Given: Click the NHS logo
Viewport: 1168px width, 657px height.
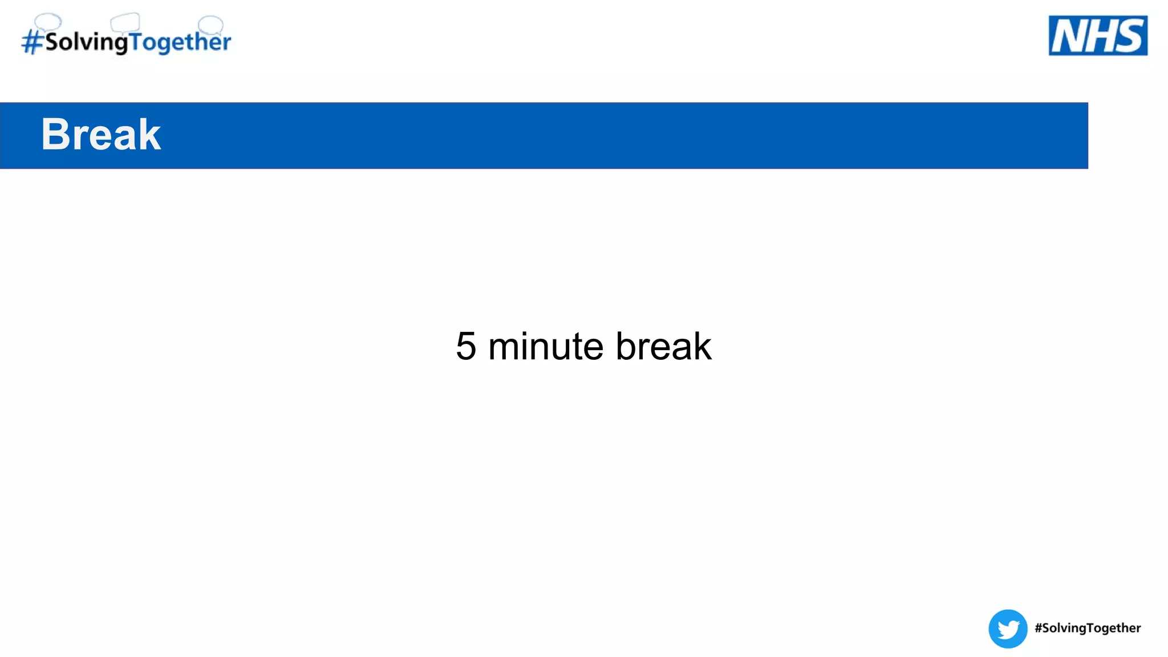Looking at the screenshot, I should pos(1098,35).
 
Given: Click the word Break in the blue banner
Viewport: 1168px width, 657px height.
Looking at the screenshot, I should pos(101,135).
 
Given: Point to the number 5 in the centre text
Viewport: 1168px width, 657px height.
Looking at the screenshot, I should pos(466,346).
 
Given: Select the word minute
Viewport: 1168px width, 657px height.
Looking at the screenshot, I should pos(546,346).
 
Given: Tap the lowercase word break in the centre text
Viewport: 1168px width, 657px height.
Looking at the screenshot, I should pos(663,346).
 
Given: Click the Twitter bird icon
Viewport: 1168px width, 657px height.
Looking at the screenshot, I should pos(1008,628).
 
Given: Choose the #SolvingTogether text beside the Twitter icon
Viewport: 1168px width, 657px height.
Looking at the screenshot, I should pos(1088,628).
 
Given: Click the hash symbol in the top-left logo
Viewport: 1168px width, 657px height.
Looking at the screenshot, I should pos(33,42).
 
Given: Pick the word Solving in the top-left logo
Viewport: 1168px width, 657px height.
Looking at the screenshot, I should pos(86,42).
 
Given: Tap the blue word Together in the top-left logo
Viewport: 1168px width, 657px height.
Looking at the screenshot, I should pos(180,42).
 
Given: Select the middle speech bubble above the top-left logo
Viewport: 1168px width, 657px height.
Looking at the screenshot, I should pos(125,23).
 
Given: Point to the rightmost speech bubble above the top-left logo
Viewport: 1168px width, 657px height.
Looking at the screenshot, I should pos(210,24).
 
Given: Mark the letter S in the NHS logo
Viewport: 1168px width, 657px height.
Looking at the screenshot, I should pos(1130,36).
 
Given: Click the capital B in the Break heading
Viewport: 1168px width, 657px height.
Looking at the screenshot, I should pos(55,135).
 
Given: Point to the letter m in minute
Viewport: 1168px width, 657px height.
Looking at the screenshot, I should pos(505,347).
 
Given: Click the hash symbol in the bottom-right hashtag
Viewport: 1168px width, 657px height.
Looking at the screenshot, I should pos(1039,628).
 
